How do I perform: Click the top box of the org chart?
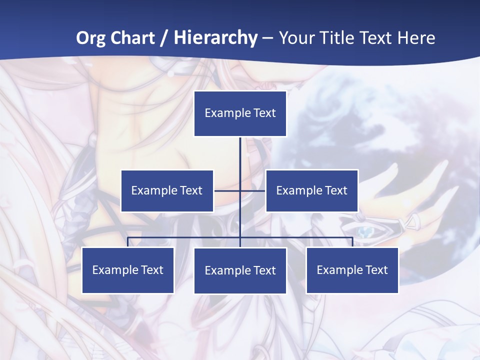240,113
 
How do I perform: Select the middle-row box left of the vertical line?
167,190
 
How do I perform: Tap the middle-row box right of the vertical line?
311,190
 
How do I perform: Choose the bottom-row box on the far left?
128,270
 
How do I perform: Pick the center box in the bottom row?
240,270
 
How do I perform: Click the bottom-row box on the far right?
352,270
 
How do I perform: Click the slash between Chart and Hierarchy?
164,38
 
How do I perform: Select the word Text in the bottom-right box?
376,270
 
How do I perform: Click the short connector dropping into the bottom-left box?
128,242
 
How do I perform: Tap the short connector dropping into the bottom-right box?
352,242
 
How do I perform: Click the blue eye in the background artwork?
365,231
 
